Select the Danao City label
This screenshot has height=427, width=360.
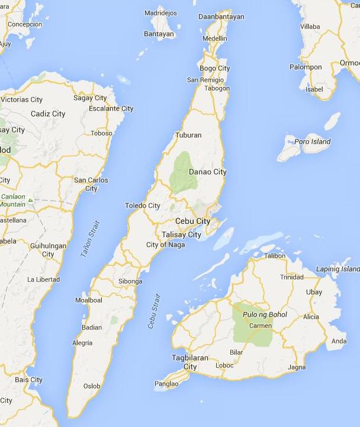pos(207,172)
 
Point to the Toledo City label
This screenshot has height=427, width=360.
pos(143,206)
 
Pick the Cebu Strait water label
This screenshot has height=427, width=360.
pos(155,311)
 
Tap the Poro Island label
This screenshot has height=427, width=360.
pos(313,142)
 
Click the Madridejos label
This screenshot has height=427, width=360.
pos(162,12)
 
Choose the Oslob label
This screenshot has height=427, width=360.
pos(92,386)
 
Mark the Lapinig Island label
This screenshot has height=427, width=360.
pos(338,269)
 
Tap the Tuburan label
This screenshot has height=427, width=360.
pos(188,135)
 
